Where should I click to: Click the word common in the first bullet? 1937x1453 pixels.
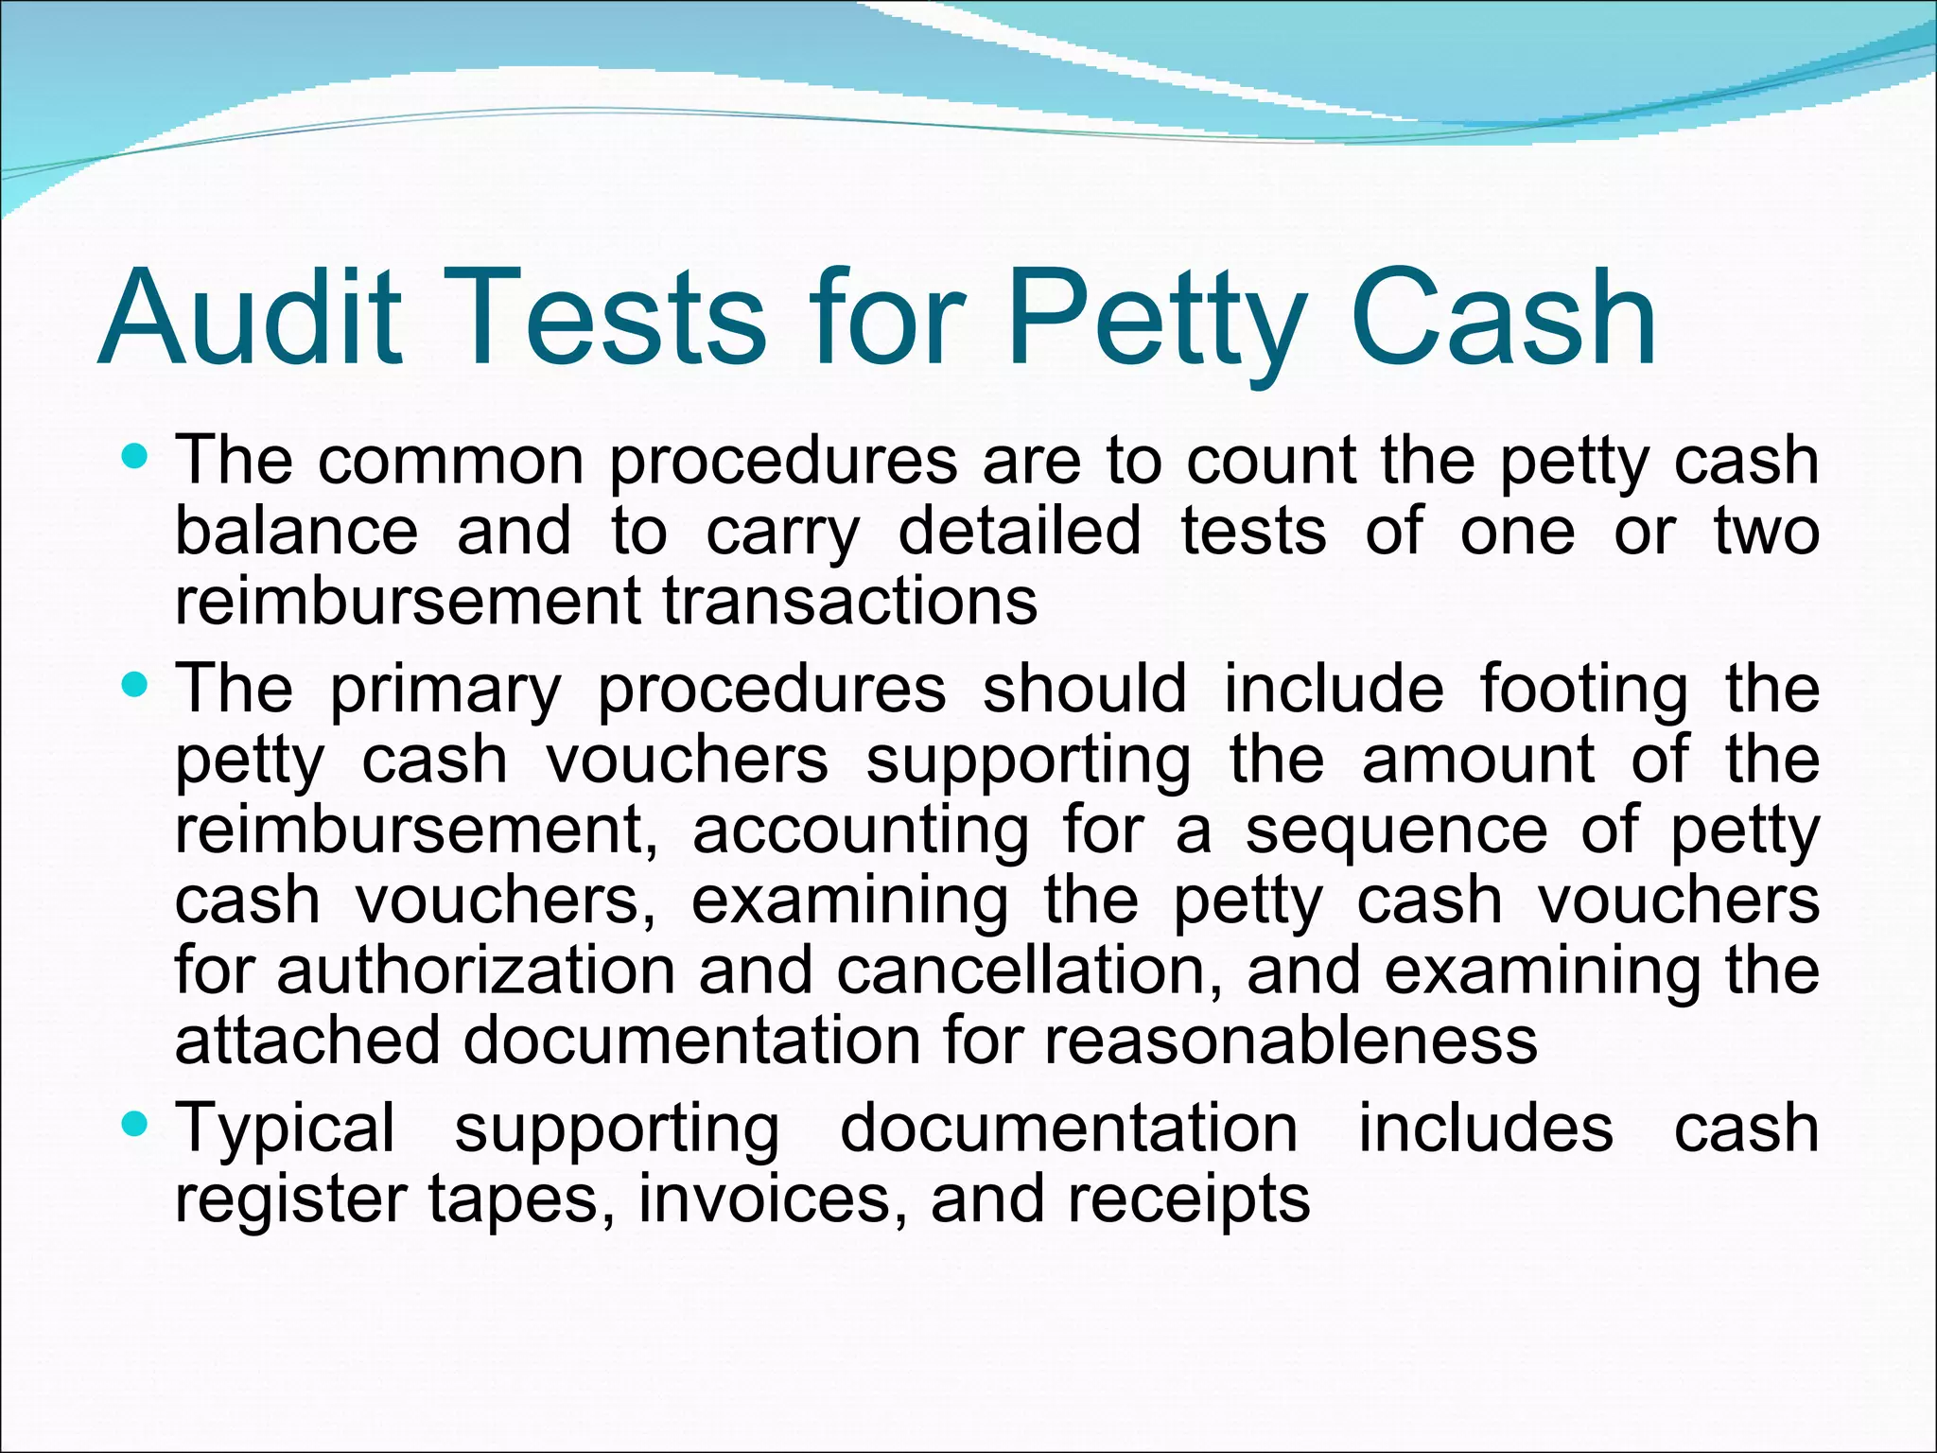pyautogui.click(x=451, y=462)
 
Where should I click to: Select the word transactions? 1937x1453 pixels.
pyautogui.click(x=850, y=602)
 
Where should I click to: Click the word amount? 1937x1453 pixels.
pyautogui.click(x=1478, y=760)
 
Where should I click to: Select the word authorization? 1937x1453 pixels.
pyautogui.click(x=476, y=972)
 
